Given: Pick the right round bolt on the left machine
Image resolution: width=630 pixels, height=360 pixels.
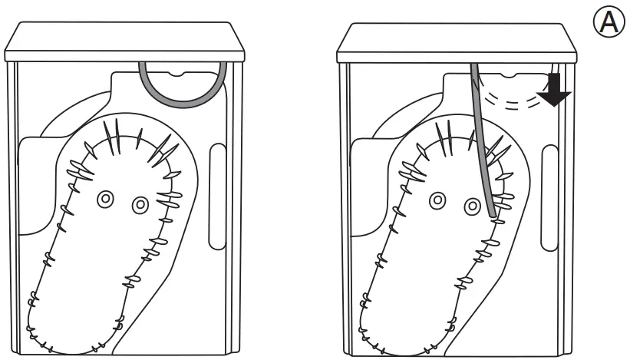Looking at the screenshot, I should click(140, 205).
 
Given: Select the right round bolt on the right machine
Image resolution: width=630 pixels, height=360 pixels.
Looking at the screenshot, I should click(471, 205).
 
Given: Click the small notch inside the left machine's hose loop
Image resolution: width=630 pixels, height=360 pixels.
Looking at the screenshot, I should click(183, 75).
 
